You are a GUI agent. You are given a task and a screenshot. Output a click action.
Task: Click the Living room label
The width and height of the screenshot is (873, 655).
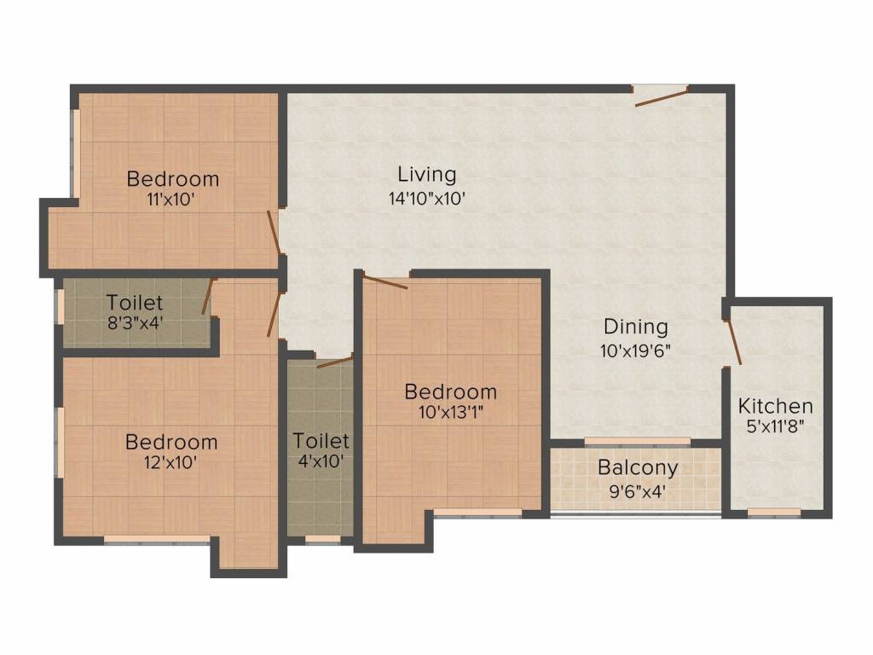click(x=427, y=175)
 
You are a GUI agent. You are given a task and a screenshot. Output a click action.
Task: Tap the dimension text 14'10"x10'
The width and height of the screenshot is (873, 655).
click(x=427, y=200)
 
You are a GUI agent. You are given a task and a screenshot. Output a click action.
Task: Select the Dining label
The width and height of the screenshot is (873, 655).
click(x=636, y=327)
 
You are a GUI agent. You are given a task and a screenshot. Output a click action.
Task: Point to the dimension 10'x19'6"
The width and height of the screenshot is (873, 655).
click(x=636, y=351)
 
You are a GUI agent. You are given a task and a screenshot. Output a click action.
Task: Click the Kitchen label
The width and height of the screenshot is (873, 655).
click(x=775, y=406)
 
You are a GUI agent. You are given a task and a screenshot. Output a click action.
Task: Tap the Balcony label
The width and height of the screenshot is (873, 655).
click(x=638, y=468)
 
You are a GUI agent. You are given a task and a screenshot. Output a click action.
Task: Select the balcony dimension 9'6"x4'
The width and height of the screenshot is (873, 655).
click(x=638, y=491)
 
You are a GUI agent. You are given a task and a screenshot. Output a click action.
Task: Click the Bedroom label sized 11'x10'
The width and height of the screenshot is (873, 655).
click(x=172, y=179)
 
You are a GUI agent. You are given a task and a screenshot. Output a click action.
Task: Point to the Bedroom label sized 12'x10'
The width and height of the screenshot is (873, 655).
click(x=171, y=443)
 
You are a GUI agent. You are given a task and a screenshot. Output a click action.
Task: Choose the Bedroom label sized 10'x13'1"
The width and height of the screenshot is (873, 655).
click(x=450, y=392)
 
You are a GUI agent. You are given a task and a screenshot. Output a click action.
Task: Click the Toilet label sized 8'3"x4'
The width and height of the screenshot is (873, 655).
click(x=135, y=303)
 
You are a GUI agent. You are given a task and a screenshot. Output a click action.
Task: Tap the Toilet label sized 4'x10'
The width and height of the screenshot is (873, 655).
click(x=321, y=441)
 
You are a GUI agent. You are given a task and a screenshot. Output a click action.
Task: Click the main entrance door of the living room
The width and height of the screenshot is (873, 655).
click(x=662, y=96)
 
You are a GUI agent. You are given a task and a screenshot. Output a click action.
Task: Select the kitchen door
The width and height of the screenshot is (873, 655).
click(x=732, y=342)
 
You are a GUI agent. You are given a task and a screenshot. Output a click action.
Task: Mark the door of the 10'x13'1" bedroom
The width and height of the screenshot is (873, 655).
click(x=385, y=282)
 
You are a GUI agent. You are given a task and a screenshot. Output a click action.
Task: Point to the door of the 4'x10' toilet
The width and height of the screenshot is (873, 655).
click(x=334, y=362)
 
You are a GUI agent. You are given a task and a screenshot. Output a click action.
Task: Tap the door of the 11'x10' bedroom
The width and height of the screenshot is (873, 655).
click(x=274, y=232)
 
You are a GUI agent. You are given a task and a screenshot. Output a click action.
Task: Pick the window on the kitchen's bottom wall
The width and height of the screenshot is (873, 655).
click(x=774, y=513)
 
